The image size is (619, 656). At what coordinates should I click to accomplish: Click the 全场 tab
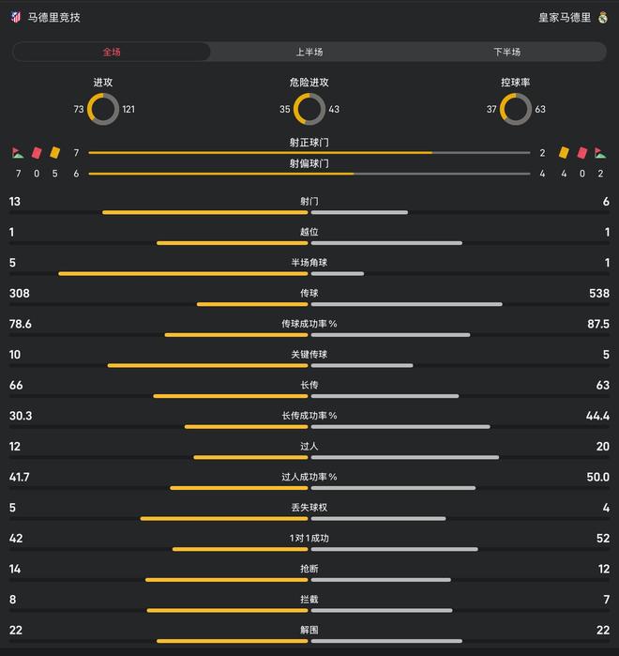[x=112, y=52]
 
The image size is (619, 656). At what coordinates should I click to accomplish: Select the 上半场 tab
[x=309, y=52]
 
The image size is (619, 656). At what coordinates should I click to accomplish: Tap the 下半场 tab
[x=507, y=52]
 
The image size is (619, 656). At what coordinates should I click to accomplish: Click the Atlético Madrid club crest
[x=15, y=17]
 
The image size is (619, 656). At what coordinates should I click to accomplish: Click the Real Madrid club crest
[x=602, y=17]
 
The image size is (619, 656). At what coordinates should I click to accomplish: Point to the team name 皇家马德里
[x=565, y=17]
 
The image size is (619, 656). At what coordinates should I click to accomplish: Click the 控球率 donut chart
[x=516, y=110]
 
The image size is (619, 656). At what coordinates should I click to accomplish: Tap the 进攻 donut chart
[x=103, y=110]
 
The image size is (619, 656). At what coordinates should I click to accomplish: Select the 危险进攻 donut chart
[x=309, y=110]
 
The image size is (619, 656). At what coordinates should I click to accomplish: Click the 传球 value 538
[x=597, y=293]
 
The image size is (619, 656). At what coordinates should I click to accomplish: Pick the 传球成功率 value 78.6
[x=20, y=324]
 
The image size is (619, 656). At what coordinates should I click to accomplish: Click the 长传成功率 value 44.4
[x=597, y=416]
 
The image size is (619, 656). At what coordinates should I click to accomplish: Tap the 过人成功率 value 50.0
[x=597, y=477]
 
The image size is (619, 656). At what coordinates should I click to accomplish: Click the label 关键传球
[x=309, y=354]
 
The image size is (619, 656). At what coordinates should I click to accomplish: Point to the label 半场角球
[x=309, y=262]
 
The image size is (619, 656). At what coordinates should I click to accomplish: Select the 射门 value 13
[x=14, y=202]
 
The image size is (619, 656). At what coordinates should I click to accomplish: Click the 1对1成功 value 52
[x=602, y=538]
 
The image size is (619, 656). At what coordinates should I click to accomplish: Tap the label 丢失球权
[x=309, y=507]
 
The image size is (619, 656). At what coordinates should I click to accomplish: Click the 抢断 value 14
[x=14, y=569]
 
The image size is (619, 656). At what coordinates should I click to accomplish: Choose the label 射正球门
[x=309, y=143]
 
